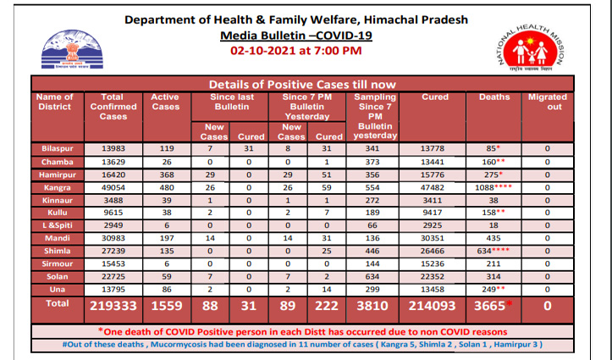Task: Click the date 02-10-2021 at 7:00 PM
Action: click(x=295, y=51)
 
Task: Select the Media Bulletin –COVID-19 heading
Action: click(x=295, y=36)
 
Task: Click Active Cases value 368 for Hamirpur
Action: click(x=164, y=180)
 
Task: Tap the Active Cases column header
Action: click(x=164, y=102)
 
